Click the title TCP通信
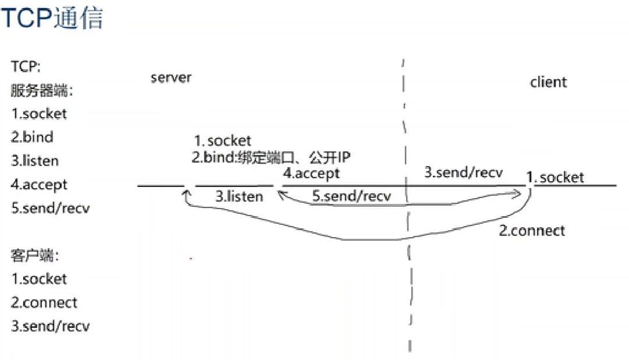(x=52, y=18)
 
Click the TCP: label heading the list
(x=26, y=67)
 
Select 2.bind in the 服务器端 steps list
(x=32, y=137)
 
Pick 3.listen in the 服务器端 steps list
(x=35, y=161)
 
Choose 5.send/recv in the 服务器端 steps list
(x=50, y=208)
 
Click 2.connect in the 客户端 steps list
(x=44, y=302)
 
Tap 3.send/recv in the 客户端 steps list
(x=50, y=326)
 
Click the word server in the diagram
(x=171, y=78)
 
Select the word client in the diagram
(x=548, y=82)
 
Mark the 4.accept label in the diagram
(x=311, y=174)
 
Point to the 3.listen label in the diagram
(x=239, y=196)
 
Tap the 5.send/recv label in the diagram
(x=351, y=196)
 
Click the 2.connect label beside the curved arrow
(x=532, y=230)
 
